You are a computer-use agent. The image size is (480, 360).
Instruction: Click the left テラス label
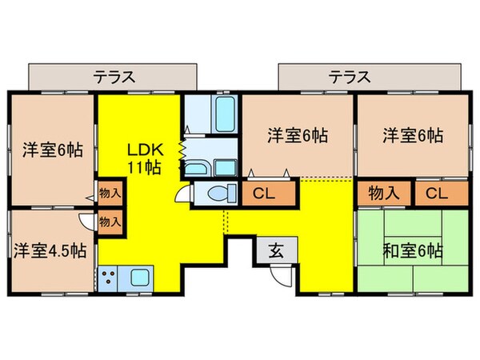pos(113,78)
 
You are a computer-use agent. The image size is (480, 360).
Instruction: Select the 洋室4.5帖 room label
pos(50,250)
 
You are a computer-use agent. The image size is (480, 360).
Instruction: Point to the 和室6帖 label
pos(412,250)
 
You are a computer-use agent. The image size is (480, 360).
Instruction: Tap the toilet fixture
pos(217,194)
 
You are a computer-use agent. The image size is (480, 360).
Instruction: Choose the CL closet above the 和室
pos(436,193)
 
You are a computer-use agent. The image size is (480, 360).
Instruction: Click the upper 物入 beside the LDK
pos(110,193)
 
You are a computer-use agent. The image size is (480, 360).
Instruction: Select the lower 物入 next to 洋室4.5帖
pos(110,222)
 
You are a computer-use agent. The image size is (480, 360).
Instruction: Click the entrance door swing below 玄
pos(281,277)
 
